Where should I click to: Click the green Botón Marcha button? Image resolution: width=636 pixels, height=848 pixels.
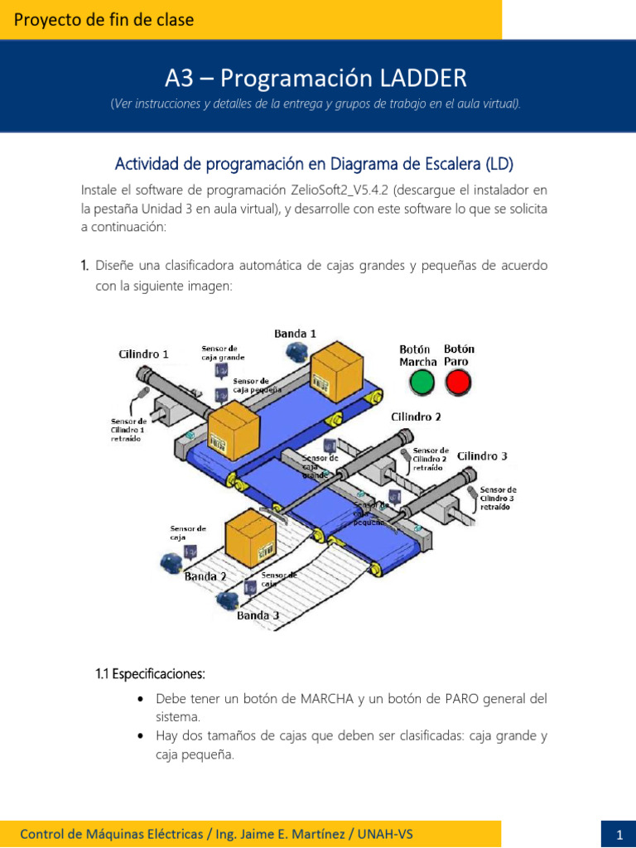point(422,382)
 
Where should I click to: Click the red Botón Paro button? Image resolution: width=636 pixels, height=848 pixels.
point(457,382)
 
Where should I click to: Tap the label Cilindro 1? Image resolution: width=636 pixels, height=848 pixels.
point(144,354)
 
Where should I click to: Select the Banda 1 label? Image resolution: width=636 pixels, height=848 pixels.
point(295,333)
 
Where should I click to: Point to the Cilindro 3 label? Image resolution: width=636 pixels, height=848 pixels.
point(482,456)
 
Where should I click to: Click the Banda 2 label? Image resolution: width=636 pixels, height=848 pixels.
point(205,576)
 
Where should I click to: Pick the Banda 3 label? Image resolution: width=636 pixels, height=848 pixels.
point(258,615)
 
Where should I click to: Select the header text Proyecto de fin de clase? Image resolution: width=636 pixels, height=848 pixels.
point(104,20)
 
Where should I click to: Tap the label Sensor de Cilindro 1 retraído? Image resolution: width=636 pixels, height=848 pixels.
point(128,430)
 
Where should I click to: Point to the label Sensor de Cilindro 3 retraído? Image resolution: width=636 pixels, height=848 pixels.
point(498,498)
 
